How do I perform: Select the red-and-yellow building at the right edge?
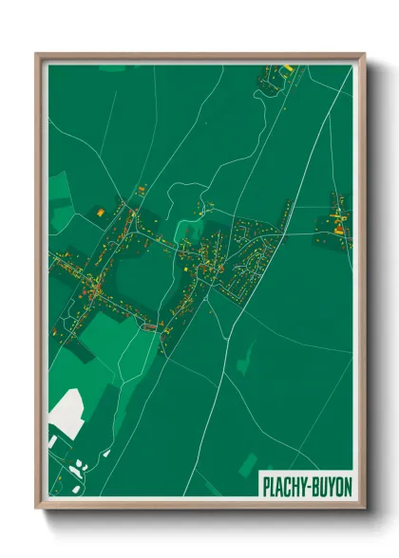click(x=338, y=227)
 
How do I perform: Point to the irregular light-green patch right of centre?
click(x=246, y=359)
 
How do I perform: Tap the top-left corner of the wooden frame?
click(x=37, y=55)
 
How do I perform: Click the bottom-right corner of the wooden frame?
click(x=364, y=509)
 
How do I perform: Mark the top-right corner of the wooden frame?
click(x=364, y=55)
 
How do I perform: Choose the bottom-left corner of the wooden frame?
click(x=37, y=509)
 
